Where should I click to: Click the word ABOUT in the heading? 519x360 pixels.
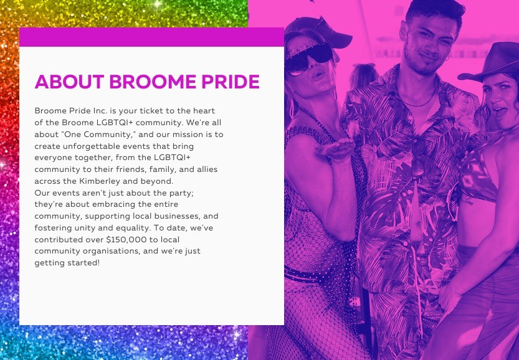pyautogui.click(x=70, y=82)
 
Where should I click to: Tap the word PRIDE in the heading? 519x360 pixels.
pyautogui.click(x=231, y=82)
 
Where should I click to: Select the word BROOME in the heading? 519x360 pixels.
pyautogui.click(x=153, y=82)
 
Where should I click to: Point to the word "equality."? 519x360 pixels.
pyautogui.click(x=133, y=228)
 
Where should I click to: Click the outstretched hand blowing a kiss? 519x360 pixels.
pyautogui.click(x=335, y=149)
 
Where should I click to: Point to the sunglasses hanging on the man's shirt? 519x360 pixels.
pyautogui.click(x=418, y=159)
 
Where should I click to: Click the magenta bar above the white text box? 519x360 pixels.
pyautogui.click(x=151, y=37)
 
